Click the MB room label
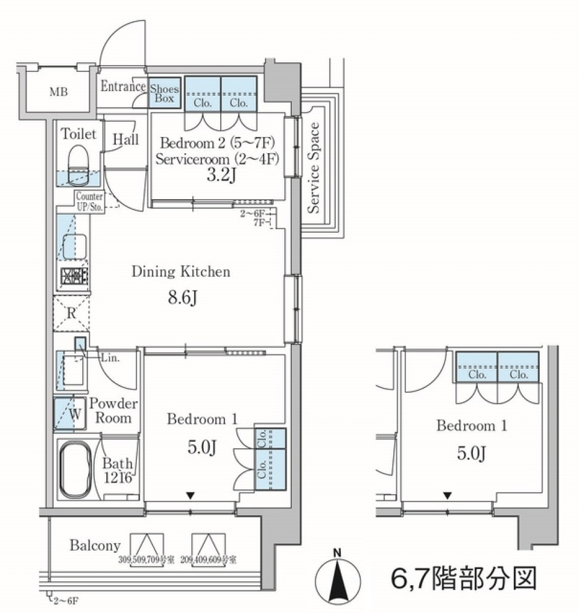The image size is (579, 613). pos(59,92)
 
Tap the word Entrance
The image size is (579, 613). pos(123,86)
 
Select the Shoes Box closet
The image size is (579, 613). pos(165,92)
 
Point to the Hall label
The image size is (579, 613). pos(126,139)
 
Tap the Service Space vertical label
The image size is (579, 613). pos(314,167)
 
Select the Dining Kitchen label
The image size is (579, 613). pos(181,272)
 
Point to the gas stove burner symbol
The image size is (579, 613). pos(74,276)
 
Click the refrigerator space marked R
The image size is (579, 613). pos(71,313)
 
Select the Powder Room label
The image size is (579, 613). pos(113,410)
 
